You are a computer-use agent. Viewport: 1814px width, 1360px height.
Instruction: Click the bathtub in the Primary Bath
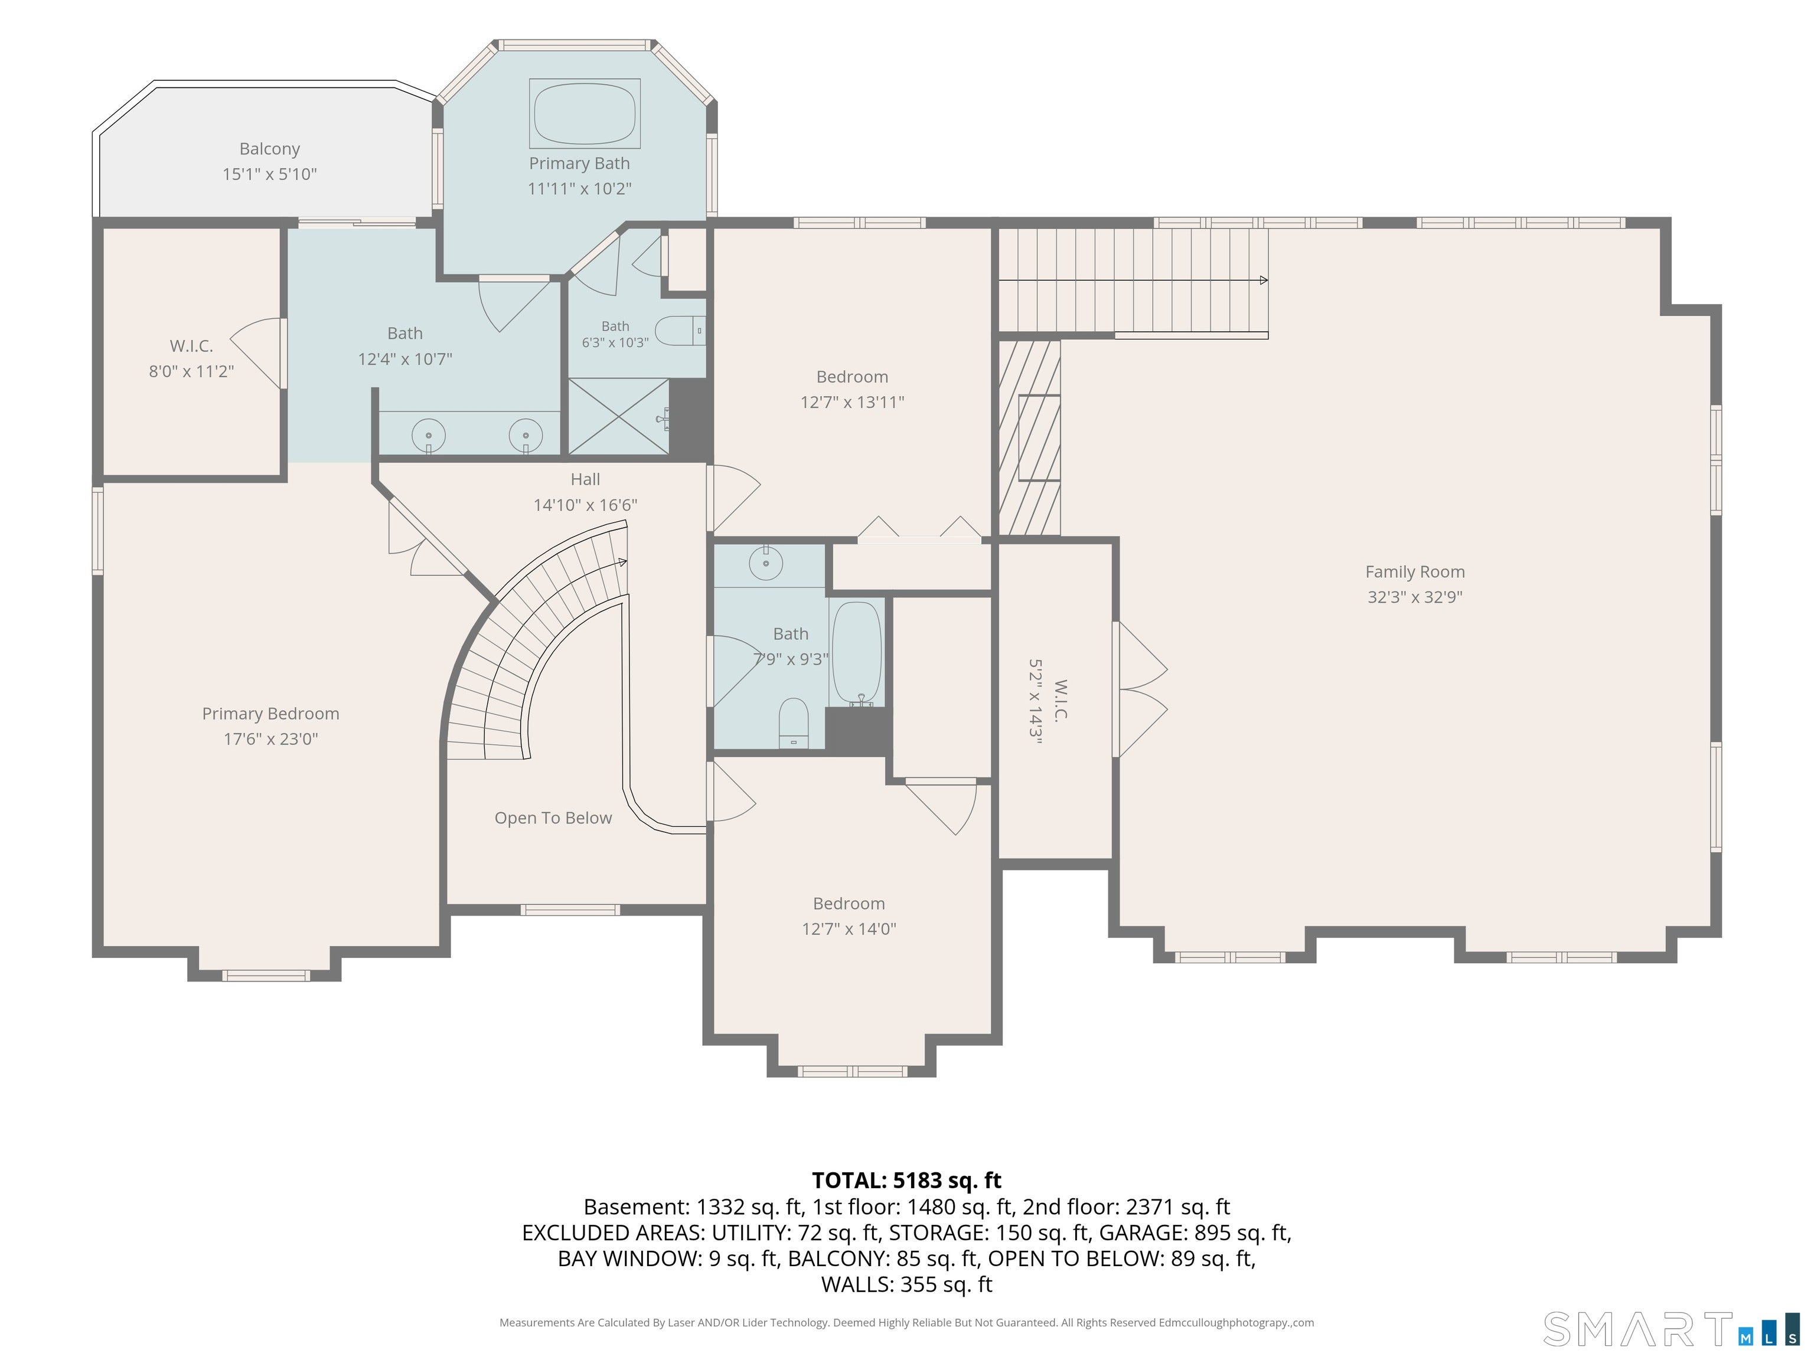(585, 113)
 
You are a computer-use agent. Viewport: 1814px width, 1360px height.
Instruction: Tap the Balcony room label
(270, 148)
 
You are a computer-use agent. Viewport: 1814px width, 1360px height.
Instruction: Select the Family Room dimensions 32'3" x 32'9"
(1415, 597)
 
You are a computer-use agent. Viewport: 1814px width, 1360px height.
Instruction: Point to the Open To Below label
(553, 818)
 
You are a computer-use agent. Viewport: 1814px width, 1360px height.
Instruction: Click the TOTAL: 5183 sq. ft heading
(906, 1181)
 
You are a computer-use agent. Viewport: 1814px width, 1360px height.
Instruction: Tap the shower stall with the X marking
(619, 416)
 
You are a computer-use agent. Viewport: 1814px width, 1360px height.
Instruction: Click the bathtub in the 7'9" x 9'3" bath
(857, 652)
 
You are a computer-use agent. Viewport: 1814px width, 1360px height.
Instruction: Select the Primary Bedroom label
(270, 714)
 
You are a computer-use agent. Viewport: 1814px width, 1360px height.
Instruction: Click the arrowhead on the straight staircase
(1264, 280)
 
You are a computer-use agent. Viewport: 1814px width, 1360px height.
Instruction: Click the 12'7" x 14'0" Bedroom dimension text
(849, 929)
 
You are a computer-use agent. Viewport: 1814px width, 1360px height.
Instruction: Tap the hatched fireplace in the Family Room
(1029, 438)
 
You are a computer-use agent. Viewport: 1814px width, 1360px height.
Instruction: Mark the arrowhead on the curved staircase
(623, 563)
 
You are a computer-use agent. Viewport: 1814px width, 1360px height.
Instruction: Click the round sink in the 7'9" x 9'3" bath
(766, 564)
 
